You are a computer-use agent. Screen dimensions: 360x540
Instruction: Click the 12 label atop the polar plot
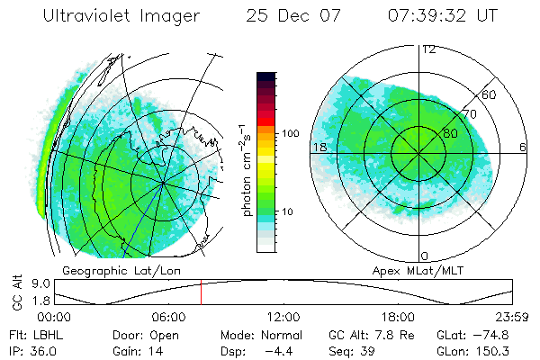[x=428, y=49]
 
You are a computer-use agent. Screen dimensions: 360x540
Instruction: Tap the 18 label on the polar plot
[x=319, y=147]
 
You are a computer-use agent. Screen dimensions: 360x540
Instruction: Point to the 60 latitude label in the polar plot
[x=490, y=94]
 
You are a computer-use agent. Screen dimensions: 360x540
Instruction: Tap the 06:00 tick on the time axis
[x=168, y=317]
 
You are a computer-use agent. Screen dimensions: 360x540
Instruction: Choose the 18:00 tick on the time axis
[x=398, y=317]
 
